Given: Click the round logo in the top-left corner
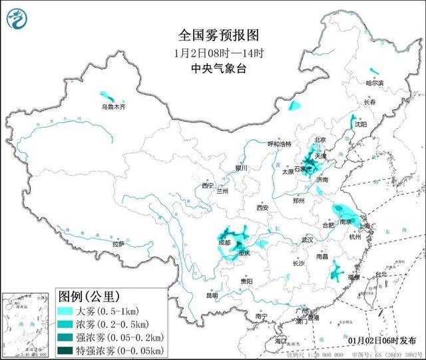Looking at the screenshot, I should [x=18, y=19].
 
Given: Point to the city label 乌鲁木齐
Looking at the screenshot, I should [x=112, y=106].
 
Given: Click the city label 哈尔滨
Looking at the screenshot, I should [x=375, y=83].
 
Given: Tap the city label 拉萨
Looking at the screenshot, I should [x=118, y=244].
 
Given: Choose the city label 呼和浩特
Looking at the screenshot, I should [x=279, y=144].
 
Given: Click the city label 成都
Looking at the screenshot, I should [x=224, y=244].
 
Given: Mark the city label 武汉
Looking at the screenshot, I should [x=307, y=240].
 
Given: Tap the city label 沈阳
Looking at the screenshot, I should [x=361, y=124].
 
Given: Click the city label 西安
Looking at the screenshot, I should [x=261, y=208].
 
